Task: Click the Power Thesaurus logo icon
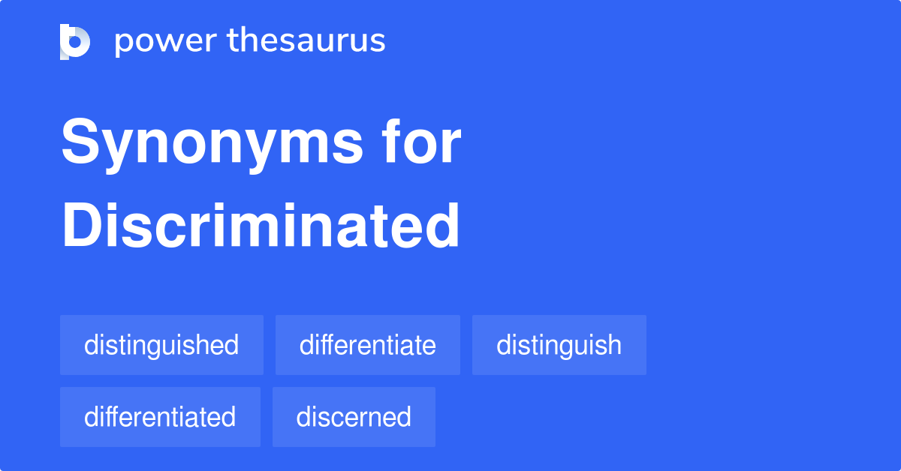(74, 41)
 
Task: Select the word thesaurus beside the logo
(306, 41)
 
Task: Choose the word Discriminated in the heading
(260, 226)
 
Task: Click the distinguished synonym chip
(161, 345)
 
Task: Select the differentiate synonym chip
(367, 345)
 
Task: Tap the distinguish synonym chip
(559, 345)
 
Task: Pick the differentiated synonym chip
(160, 417)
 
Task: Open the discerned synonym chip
(354, 417)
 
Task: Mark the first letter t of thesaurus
(233, 41)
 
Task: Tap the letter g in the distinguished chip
(160, 348)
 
